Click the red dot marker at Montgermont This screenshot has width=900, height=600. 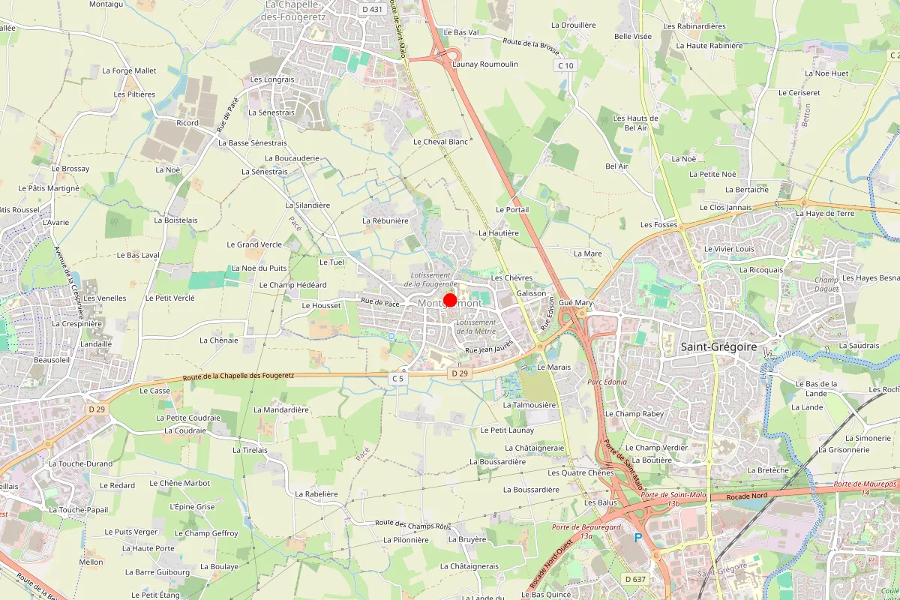(450, 301)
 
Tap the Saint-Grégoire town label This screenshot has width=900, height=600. (718, 346)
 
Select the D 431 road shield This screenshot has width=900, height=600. (371, 9)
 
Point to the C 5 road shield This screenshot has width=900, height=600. (397, 379)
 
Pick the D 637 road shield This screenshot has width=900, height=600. (635, 579)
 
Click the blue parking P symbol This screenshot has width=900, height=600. (639, 538)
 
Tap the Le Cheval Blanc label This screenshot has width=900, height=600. (440, 141)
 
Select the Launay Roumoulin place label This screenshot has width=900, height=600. (485, 64)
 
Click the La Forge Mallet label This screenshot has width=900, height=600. (129, 70)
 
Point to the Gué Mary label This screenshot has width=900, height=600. (576, 302)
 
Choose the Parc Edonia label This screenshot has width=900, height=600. (607, 382)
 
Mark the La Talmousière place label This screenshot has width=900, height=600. (529, 404)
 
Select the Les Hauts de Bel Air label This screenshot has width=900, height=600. (635, 123)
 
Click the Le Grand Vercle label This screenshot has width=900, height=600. (254, 244)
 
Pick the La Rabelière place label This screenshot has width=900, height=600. (316, 494)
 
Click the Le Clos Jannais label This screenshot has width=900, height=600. (725, 207)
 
